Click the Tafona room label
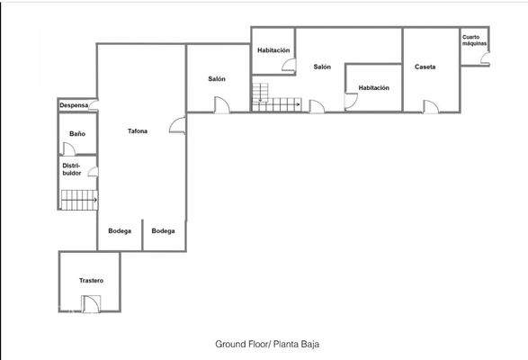click(138, 131)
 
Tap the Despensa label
click(74, 105)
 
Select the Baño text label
click(77, 134)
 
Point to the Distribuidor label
click(72, 169)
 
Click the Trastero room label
click(91, 281)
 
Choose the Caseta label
click(425, 67)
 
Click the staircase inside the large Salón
click(261, 92)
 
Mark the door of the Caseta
click(431, 107)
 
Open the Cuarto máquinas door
click(484, 59)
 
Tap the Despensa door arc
click(93, 107)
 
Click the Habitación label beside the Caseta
click(373, 88)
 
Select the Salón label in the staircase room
click(322, 67)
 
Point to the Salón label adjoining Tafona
click(217, 79)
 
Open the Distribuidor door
click(93, 171)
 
